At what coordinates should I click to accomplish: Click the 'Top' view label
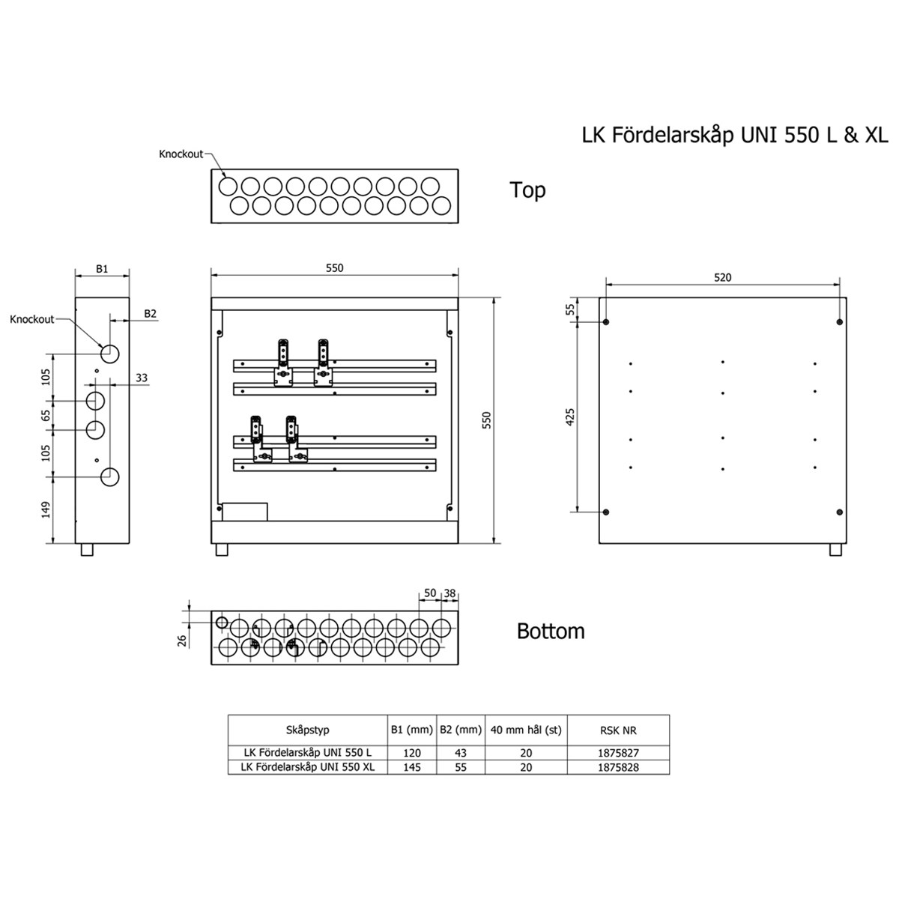click(x=527, y=190)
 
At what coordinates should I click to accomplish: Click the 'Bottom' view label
click(x=551, y=632)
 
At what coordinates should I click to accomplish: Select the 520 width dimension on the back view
click(x=722, y=278)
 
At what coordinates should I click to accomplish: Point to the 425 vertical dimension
click(x=570, y=417)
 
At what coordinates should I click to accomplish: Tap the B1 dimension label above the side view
click(x=102, y=269)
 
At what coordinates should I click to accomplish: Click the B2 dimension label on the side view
click(x=150, y=313)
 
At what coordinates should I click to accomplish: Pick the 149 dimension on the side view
click(x=46, y=510)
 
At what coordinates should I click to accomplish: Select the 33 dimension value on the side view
click(x=142, y=378)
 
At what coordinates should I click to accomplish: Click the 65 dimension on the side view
click(x=46, y=415)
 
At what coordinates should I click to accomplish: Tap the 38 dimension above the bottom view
click(x=449, y=593)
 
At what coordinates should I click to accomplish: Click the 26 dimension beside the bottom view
click(x=182, y=641)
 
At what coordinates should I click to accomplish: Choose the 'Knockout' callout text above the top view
click(x=181, y=154)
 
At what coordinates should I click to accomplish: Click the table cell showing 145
click(x=412, y=767)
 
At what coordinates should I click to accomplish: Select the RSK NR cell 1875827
click(x=618, y=752)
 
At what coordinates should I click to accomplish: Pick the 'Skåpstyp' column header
click(x=307, y=730)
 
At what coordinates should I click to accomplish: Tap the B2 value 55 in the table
click(x=461, y=767)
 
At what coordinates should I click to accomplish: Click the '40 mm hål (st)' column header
click(x=526, y=730)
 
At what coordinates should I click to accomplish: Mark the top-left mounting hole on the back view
click(x=606, y=322)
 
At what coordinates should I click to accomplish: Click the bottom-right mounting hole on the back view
click(x=839, y=512)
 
